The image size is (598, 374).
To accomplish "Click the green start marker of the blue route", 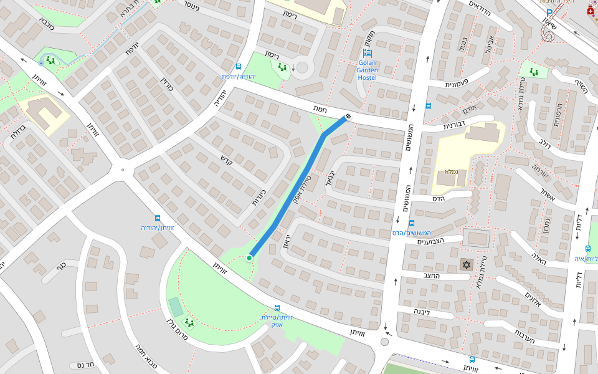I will pos(249,257).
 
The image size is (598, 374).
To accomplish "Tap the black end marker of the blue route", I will pos(348,116).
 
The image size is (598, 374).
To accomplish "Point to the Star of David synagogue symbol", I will pos(465,265).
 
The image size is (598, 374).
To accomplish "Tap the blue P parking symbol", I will pos(549,13).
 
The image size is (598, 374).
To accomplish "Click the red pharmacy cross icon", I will pos(591,11).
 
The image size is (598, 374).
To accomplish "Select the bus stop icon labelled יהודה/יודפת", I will pos(239,67).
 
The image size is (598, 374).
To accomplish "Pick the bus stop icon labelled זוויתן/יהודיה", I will pos(157,218).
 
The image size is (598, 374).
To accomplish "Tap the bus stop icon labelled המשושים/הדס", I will pos(411,223).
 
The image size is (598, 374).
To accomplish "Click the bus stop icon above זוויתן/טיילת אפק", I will pos(277,308).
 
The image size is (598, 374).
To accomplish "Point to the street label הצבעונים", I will pos(430,242).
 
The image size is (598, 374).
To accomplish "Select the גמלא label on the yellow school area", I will pos(452,171).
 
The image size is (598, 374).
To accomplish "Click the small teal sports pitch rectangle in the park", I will pos(176,307).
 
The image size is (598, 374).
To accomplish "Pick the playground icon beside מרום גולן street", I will pos(187,322).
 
